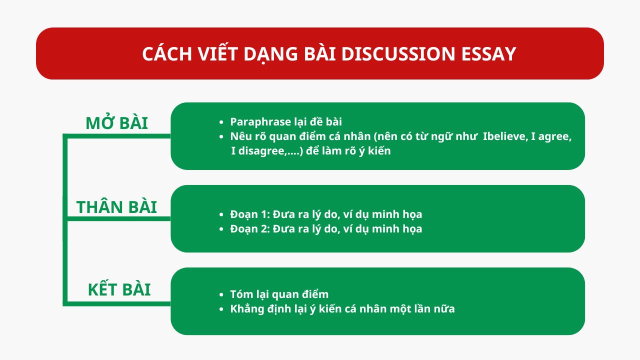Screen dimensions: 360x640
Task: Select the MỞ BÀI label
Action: [116, 123]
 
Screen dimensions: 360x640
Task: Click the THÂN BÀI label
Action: [116, 207]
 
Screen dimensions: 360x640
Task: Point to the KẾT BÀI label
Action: [119, 290]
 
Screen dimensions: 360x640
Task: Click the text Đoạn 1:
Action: [250, 214]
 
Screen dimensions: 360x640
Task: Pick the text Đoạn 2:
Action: [250, 229]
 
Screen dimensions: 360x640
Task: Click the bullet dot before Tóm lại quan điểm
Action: [221, 295]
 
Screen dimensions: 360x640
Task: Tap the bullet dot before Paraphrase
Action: [221, 122]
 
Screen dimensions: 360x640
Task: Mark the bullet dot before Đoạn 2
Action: [221, 229]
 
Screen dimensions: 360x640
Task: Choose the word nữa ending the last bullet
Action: [444, 309]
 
